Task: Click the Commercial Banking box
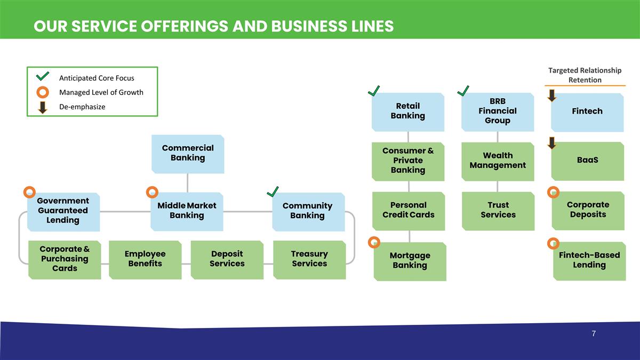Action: [187, 154]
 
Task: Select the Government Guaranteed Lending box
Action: [63, 211]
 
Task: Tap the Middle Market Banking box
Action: [187, 211]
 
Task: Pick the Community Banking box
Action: [307, 211]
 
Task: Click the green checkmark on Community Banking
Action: [273, 191]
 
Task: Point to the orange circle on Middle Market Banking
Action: [152, 191]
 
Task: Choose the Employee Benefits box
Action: [145, 260]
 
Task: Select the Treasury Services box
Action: [309, 260]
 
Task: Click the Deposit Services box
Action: [227, 260]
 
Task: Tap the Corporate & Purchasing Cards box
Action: [64, 260]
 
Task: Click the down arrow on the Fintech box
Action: [551, 95]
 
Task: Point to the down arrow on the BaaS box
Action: [551, 143]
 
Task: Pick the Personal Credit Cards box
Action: [409, 211]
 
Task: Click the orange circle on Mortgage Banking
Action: [374, 242]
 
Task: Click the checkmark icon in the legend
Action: [42, 77]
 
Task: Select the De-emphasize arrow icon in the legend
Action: [42, 107]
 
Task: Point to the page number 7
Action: [594, 334]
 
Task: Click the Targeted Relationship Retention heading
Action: [585, 75]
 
